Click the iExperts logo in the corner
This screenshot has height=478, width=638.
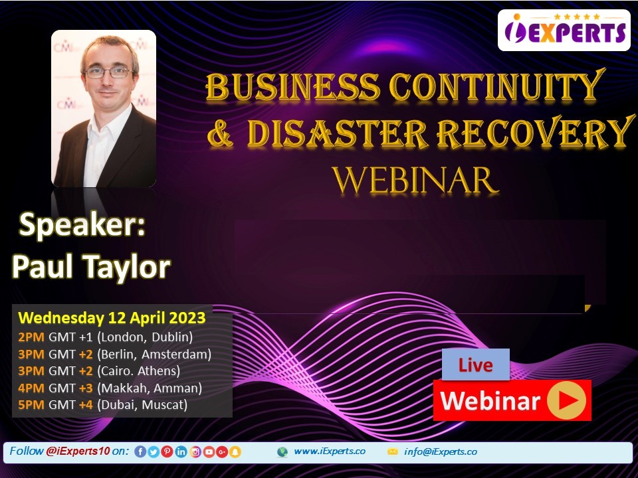click(x=564, y=30)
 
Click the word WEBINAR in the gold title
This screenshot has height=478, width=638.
click(x=415, y=180)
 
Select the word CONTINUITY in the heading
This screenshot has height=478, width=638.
click(x=496, y=86)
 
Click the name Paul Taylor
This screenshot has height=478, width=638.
click(x=91, y=267)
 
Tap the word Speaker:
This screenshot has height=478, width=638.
click(x=82, y=225)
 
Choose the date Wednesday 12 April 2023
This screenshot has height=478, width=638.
click(x=112, y=317)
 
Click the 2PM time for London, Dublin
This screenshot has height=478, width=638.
click(x=31, y=337)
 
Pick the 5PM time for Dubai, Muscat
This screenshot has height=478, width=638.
click(x=31, y=405)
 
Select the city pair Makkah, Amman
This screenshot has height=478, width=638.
click(x=150, y=388)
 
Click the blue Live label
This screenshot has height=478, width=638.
click(x=476, y=364)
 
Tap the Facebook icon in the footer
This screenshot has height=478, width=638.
click(x=140, y=451)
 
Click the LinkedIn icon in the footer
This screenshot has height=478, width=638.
click(x=181, y=451)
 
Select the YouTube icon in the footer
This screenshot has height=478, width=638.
click(x=209, y=451)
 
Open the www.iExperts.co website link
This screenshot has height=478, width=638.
click(x=330, y=451)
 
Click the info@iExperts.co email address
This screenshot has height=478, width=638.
click(x=440, y=451)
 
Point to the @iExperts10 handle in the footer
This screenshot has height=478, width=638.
click(x=78, y=451)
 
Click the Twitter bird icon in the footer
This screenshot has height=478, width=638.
click(x=154, y=451)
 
